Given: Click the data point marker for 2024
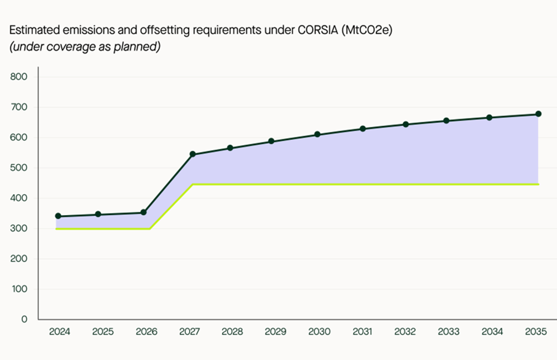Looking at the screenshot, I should click(58, 216).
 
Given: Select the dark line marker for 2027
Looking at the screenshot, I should click(192, 154).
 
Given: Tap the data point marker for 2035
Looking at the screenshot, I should click(538, 114).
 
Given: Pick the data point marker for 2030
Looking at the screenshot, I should click(317, 134).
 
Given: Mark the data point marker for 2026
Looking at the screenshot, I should click(144, 212).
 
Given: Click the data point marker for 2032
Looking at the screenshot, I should click(405, 124).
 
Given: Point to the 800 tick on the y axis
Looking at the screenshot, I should click(19, 76).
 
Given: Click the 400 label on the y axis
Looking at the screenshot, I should click(19, 198).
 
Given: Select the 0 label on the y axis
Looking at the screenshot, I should click(24, 319).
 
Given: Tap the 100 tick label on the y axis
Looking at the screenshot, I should click(19, 289).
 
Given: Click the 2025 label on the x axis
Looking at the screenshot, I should click(103, 332).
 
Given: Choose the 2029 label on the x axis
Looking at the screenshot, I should click(275, 332).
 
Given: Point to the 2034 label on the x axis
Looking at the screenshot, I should click(492, 332).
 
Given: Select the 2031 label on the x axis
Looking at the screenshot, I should click(363, 332).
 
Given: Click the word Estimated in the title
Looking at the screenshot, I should click(31, 30).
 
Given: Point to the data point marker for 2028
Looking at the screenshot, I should click(230, 148).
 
